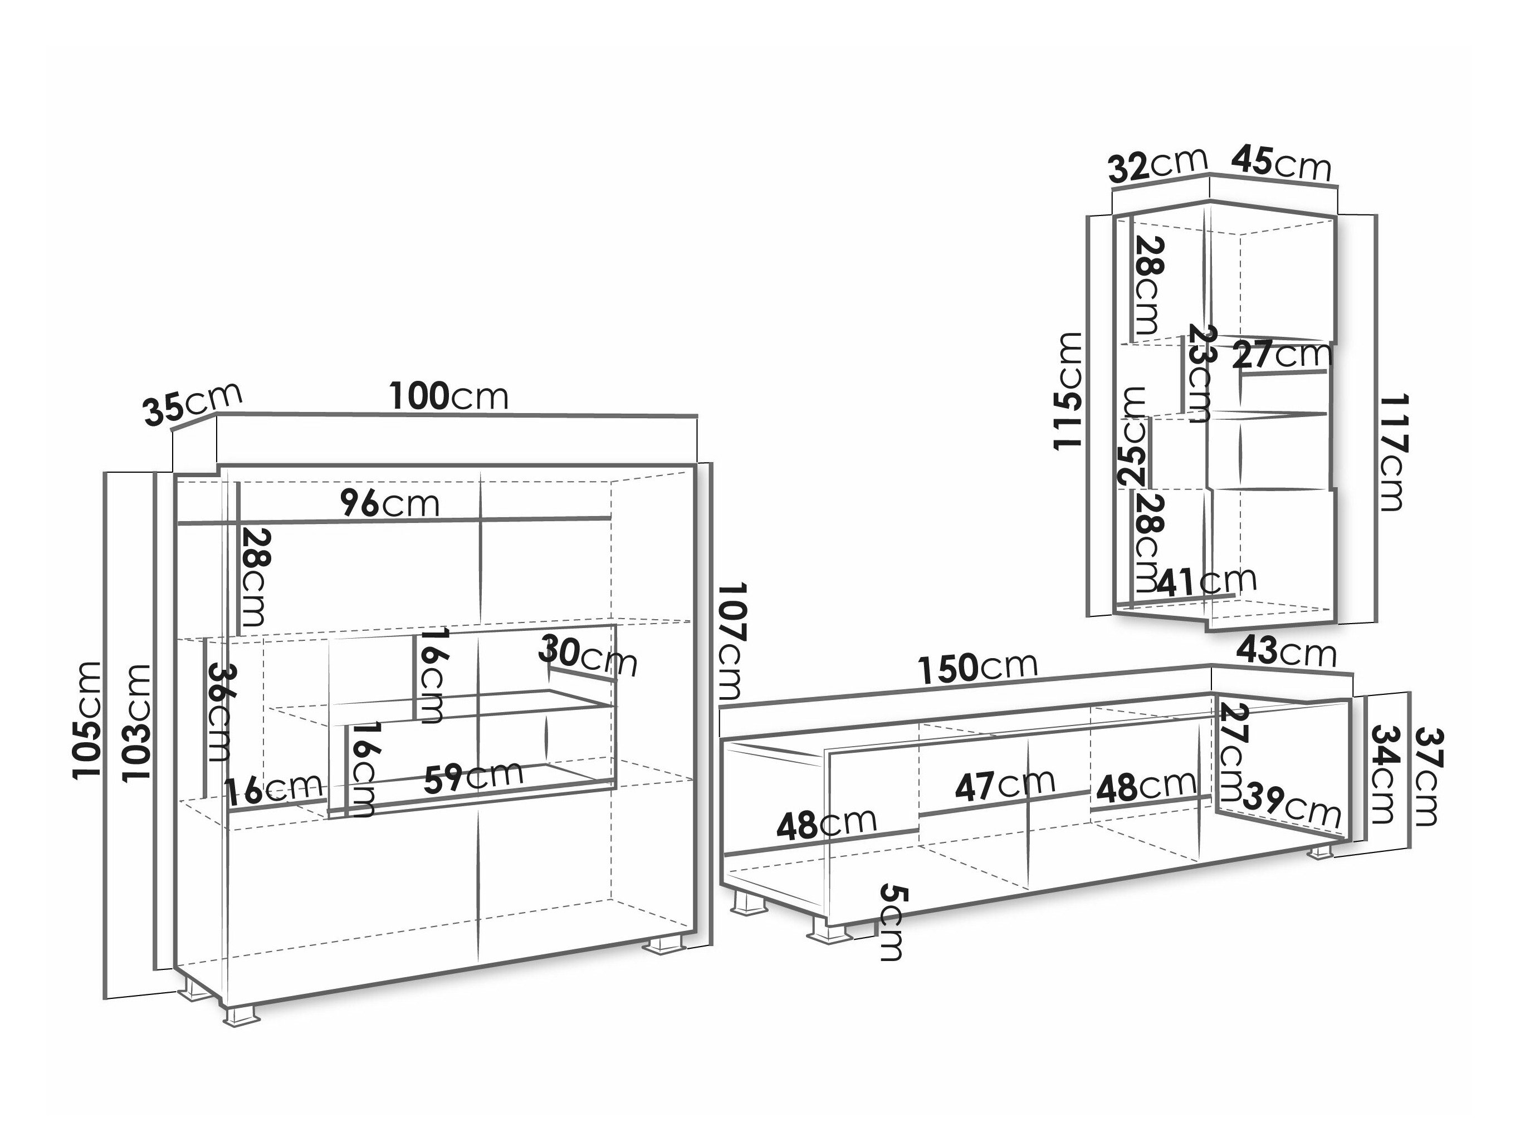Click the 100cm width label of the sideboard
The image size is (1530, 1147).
449,395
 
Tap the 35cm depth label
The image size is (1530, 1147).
193,403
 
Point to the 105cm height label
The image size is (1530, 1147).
88,720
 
